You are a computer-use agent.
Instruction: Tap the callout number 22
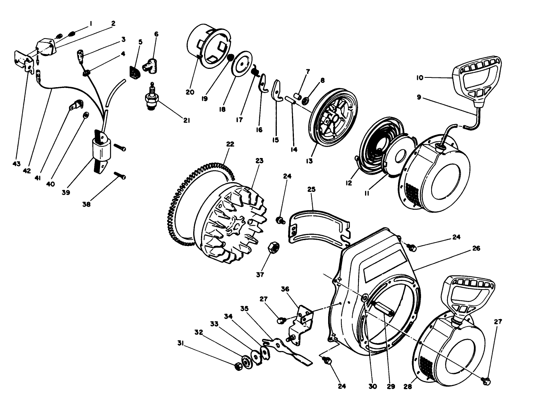point(230,144)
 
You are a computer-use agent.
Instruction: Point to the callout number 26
point(476,248)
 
